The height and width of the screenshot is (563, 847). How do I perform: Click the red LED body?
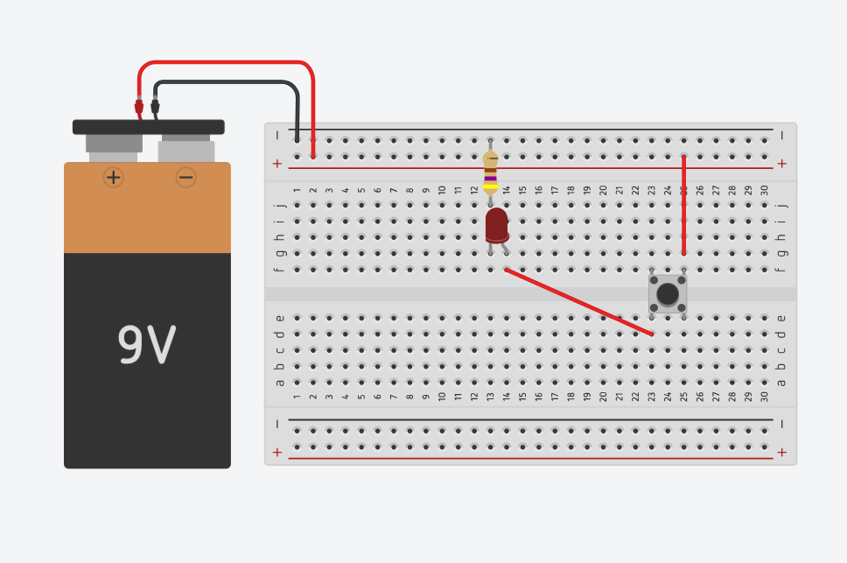tap(496, 224)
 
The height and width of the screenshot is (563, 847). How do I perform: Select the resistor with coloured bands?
tap(490, 171)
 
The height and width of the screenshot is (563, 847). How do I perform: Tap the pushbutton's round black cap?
tap(668, 294)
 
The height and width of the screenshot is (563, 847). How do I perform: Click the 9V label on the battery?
tap(147, 345)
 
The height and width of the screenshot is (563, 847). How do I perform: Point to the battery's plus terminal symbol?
tap(113, 178)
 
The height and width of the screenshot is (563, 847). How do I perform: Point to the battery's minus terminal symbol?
tap(185, 178)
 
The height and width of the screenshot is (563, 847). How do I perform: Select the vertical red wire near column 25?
tap(683, 206)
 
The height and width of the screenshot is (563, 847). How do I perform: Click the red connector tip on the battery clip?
tap(138, 107)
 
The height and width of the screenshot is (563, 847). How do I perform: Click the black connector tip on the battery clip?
tap(155, 107)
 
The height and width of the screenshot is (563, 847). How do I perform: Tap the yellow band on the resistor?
tap(490, 186)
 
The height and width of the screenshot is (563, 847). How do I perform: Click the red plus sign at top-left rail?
tap(277, 164)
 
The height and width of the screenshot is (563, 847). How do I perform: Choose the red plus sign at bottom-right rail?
tap(781, 453)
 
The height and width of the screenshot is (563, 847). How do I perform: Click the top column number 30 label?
tap(764, 190)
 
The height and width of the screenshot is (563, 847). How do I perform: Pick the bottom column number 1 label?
tap(297, 397)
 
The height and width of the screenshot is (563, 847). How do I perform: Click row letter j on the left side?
tap(280, 205)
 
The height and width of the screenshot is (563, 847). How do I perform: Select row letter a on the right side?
tap(781, 382)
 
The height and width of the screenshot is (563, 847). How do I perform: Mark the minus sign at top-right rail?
tap(781, 136)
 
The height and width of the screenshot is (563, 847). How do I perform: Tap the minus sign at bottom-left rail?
tap(277, 424)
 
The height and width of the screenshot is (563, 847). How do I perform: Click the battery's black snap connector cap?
tap(148, 127)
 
